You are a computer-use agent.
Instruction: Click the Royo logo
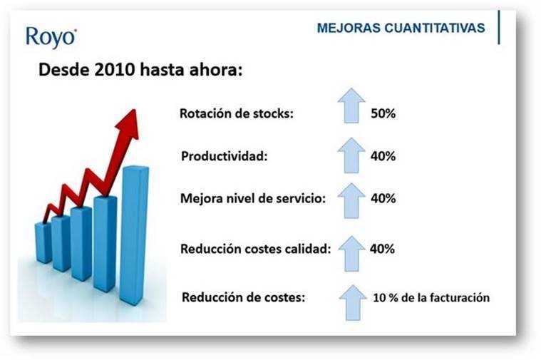pos(51,37)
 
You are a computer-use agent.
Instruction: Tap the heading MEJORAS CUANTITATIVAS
pos(401,28)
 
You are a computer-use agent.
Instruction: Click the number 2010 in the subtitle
pos(115,70)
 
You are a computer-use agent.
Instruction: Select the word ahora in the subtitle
pos(216,70)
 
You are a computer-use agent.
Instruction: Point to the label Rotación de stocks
pos(237,113)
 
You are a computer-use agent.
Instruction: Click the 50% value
pos(383,113)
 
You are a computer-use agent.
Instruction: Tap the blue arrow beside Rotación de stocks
pos(351,106)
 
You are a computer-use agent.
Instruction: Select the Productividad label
pos(225,156)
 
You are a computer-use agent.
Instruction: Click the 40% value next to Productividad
pos(383,156)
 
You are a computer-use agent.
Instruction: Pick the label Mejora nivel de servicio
pos(253,198)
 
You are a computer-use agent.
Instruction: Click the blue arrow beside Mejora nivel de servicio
pos(351,200)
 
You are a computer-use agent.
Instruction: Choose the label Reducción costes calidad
pos(256,249)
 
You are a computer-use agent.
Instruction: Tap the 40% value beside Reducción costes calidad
pos(382,249)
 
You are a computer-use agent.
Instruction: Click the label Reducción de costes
pos(244,297)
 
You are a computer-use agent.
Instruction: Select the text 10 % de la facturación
pos(431,297)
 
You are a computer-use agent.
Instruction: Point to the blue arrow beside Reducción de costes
pos(353,303)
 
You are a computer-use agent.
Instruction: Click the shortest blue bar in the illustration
pos(43,242)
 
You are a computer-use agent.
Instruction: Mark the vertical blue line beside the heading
pos(499,27)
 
